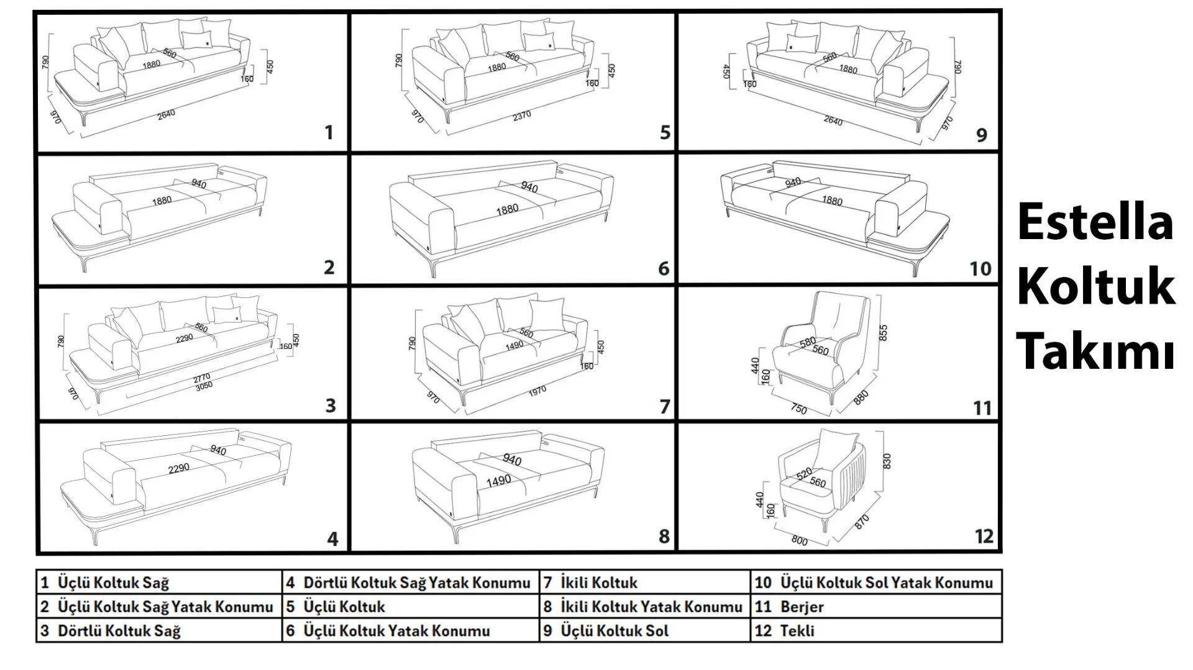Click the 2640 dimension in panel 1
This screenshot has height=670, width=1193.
pos(166,114)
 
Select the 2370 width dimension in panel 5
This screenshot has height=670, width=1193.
pos(521,115)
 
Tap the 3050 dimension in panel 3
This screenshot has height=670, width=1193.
pos(204,386)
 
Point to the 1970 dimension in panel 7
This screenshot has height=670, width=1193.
pos(537,390)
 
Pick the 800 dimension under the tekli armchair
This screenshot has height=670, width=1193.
pos(799,540)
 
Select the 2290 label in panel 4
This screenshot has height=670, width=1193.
pos(178,468)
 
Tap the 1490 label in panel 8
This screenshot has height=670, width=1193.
pos(498,480)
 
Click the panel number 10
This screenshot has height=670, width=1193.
pos(980,269)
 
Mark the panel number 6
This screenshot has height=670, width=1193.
pos(664,269)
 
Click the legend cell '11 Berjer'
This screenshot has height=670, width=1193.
pos(875,607)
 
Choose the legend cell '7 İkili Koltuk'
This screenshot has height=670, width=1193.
pos(644,582)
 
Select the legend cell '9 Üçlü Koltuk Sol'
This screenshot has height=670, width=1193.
pos(644,631)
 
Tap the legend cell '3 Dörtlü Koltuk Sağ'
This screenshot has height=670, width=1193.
pos(158,631)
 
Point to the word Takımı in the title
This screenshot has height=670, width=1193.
pos(1095,351)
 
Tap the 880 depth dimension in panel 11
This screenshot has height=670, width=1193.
pos(861,397)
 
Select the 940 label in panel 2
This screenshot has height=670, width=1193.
pos(199,184)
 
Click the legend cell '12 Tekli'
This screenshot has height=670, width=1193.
pos(875,631)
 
